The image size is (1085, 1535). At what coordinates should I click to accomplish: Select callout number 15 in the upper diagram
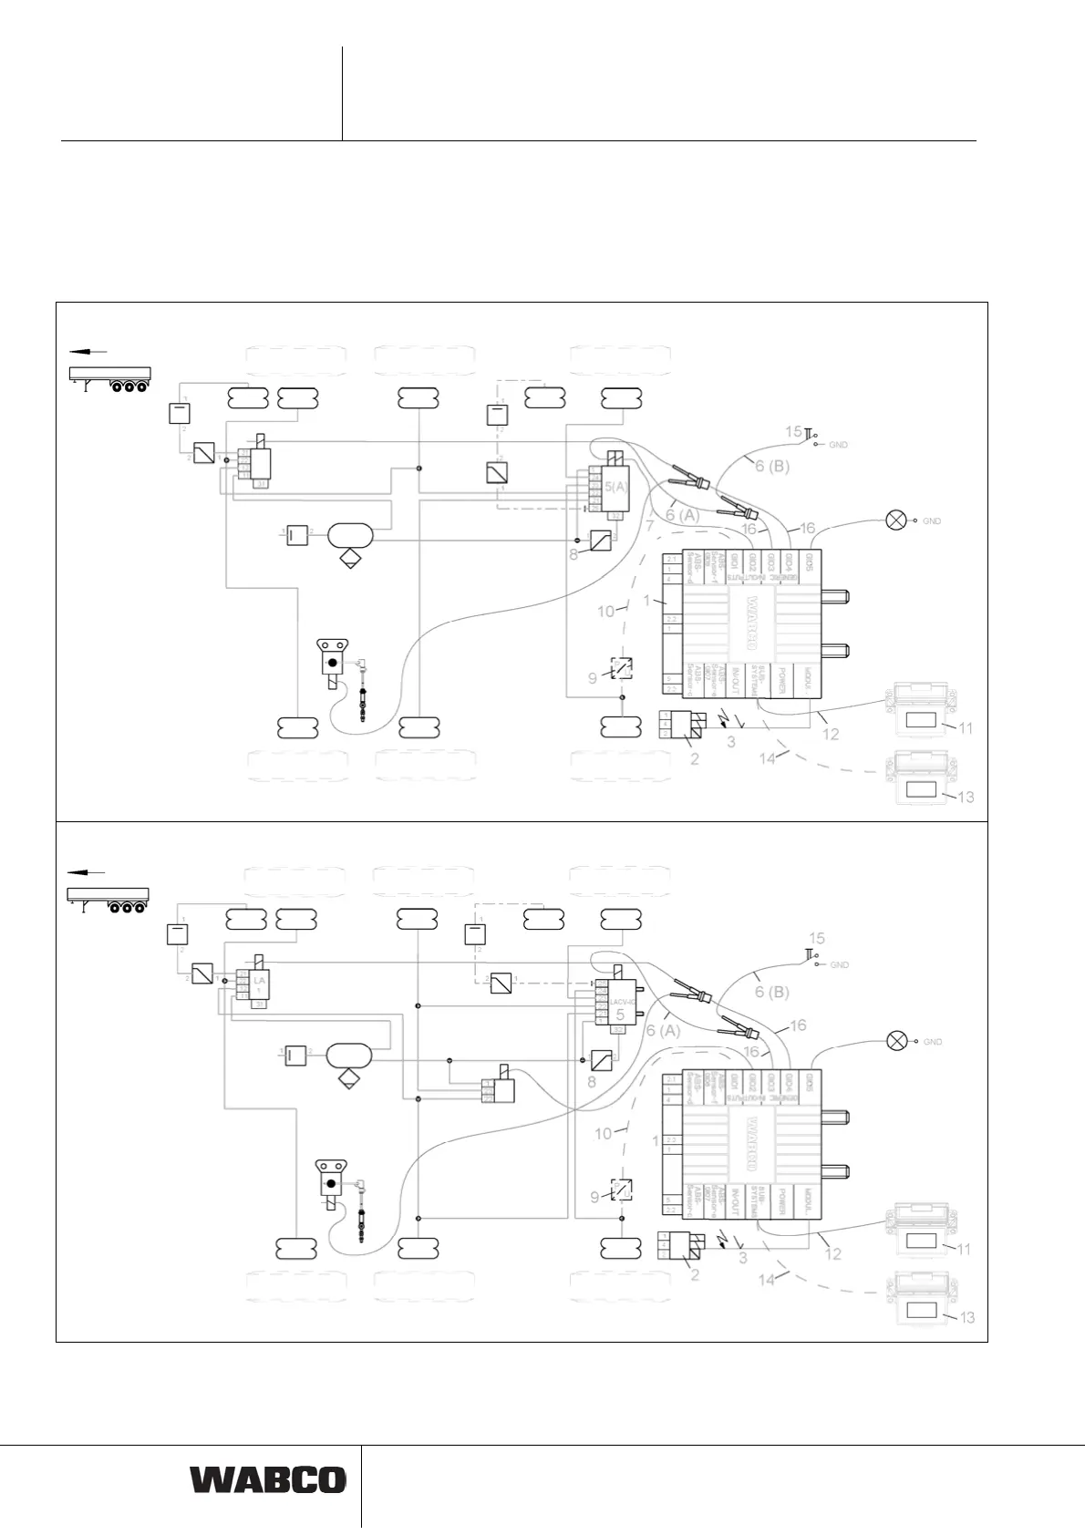click(x=793, y=431)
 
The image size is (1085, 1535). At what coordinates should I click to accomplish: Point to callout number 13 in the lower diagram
click(x=967, y=1317)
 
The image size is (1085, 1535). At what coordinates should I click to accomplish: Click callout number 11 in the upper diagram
click(x=966, y=728)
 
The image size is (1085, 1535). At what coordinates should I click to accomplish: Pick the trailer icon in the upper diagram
click(x=110, y=377)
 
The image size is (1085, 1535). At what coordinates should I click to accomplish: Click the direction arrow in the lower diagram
click(x=88, y=872)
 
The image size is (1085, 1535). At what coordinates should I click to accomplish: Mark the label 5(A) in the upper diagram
click(x=616, y=486)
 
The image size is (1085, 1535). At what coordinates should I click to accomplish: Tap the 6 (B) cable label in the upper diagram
click(x=771, y=467)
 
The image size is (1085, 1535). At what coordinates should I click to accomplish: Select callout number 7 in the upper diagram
click(x=650, y=526)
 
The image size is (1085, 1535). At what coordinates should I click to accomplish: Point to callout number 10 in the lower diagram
click(x=604, y=1134)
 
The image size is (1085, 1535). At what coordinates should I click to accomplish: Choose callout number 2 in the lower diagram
click(x=695, y=1275)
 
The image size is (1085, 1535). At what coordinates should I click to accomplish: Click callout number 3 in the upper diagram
click(x=730, y=742)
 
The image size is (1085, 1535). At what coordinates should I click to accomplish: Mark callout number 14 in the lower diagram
click(x=767, y=1280)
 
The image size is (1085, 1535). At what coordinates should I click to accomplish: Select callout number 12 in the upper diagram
click(x=831, y=734)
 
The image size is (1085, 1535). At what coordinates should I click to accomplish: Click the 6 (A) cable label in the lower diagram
click(x=663, y=1030)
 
